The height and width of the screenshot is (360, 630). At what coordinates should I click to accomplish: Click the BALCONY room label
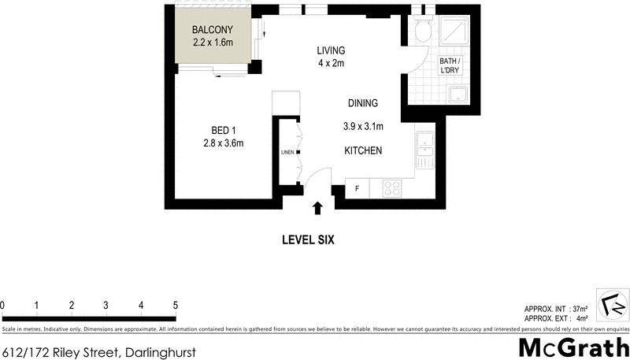pyautogui.click(x=213, y=30)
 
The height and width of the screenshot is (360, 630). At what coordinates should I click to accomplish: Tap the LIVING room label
pyautogui.click(x=331, y=50)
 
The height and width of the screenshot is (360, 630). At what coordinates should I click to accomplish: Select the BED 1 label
pyautogui.click(x=223, y=130)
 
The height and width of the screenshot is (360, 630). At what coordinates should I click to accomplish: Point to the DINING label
pyautogui.click(x=363, y=103)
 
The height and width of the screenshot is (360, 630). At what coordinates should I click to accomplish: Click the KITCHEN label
pyautogui.click(x=362, y=150)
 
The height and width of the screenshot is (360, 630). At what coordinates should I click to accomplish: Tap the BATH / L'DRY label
pyautogui.click(x=449, y=65)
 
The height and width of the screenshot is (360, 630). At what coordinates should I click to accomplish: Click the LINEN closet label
pyautogui.click(x=287, y=152)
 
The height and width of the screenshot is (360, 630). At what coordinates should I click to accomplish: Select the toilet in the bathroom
pyautogui.click(x=422, y=31)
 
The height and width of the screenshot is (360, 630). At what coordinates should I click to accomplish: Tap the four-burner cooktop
pyautogui.click(x=392, y=189)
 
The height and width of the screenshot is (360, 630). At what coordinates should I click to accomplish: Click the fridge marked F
pyautogui.click(x=357, y=189)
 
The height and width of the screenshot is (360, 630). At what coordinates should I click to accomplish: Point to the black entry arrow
pyautogui.click(x=317, y=209)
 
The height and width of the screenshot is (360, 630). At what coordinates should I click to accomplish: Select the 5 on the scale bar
pyautogui.click(x=175, y=305)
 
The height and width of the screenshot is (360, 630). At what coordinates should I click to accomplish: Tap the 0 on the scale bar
pyautogui.click(x=3, y=305)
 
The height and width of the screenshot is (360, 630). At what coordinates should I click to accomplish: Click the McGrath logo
pyautogui.click(x=573, y=347)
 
